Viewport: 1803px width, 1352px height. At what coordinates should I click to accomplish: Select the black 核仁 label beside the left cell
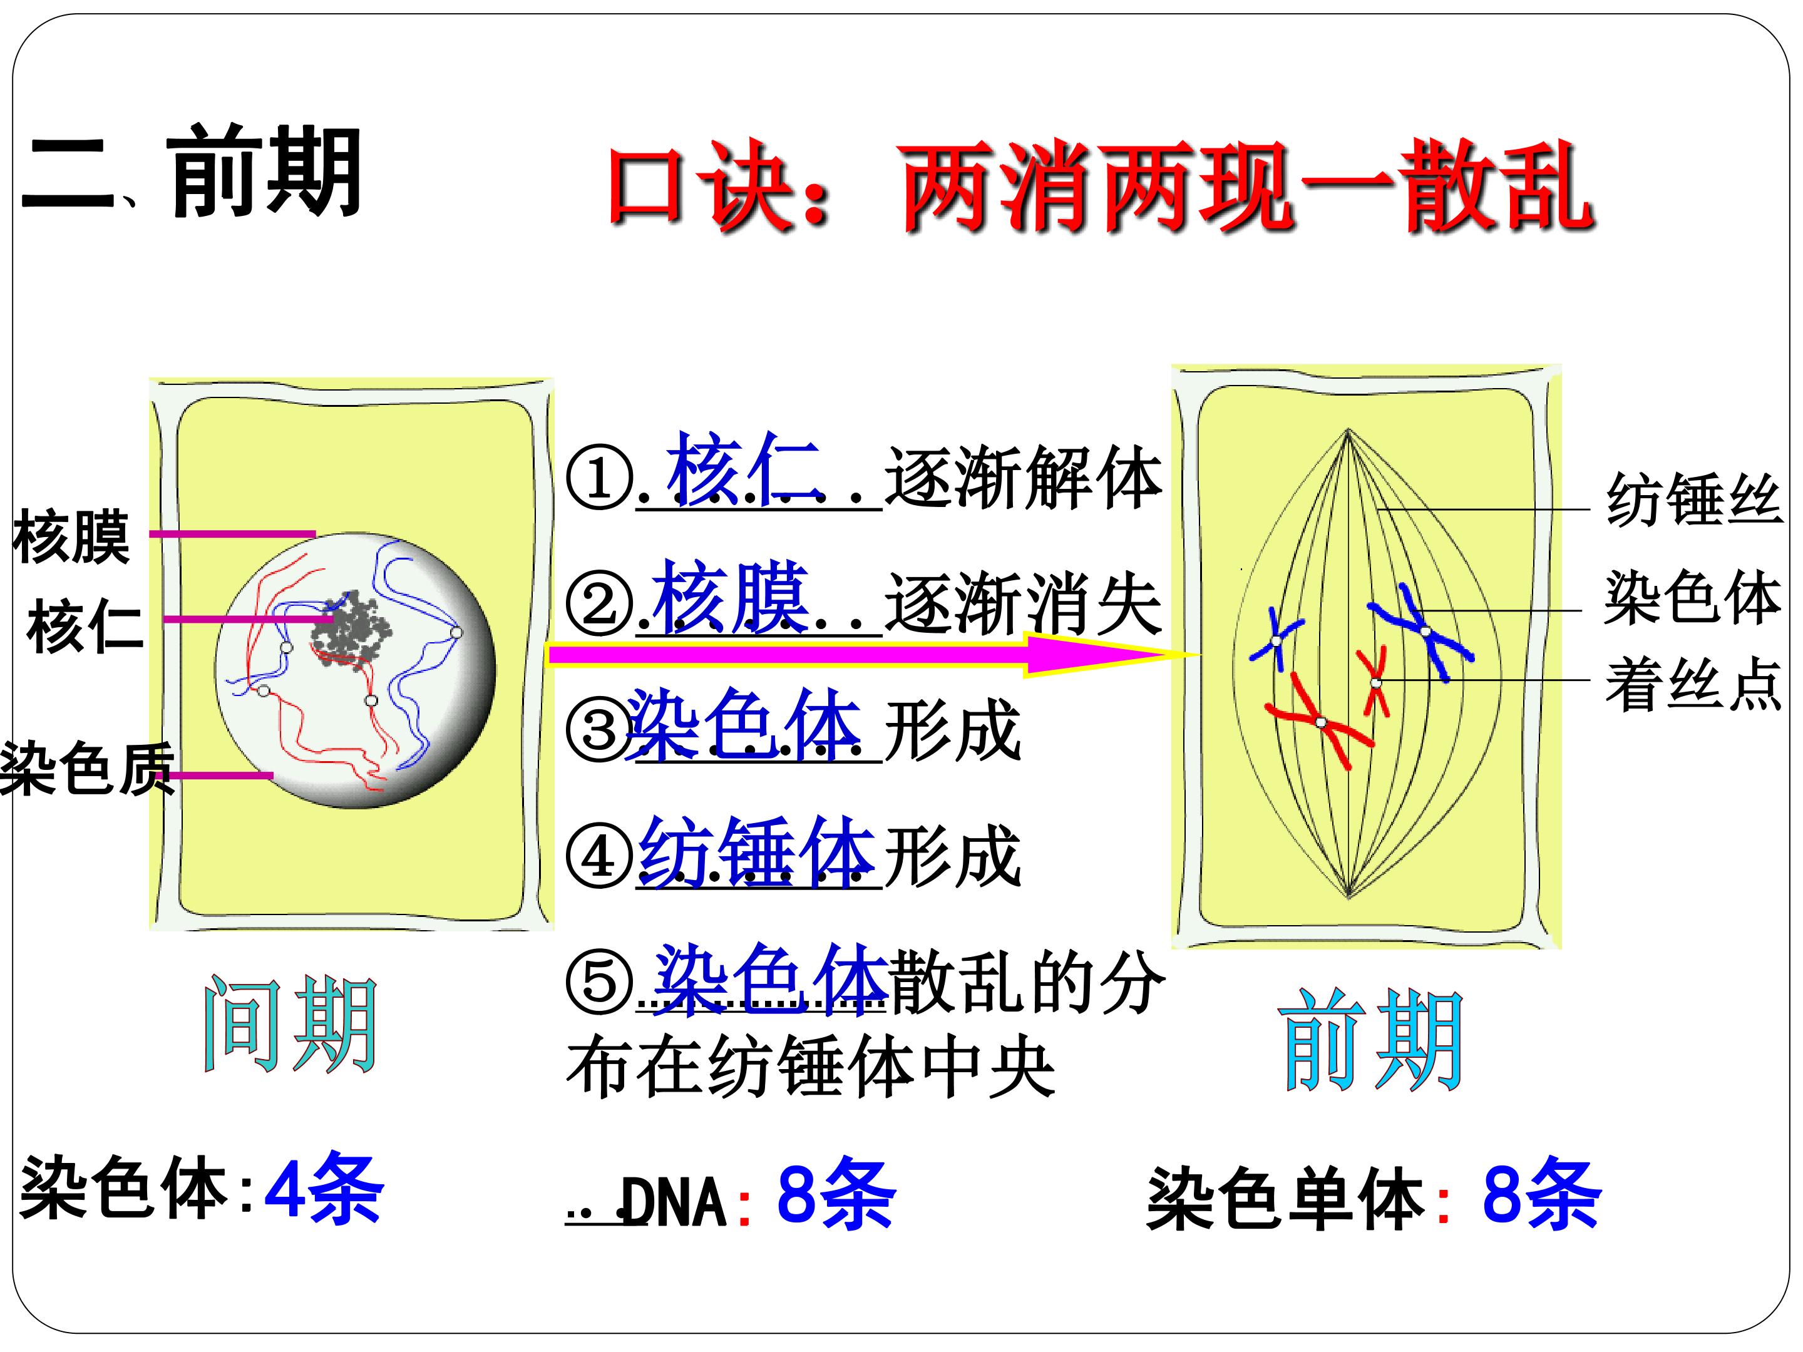[x=85, y=626]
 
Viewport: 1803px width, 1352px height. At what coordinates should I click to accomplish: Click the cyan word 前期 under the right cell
[x=1372, y=1041]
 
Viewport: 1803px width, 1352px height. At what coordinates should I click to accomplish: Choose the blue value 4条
[x=324, y=1189]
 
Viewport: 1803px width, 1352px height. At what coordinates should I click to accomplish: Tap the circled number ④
[x=600, y=858]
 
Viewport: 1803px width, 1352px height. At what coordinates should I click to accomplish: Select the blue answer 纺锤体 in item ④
[x=758, y=852]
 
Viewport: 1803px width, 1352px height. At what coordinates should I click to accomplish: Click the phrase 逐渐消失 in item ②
[x=1023, y=604]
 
